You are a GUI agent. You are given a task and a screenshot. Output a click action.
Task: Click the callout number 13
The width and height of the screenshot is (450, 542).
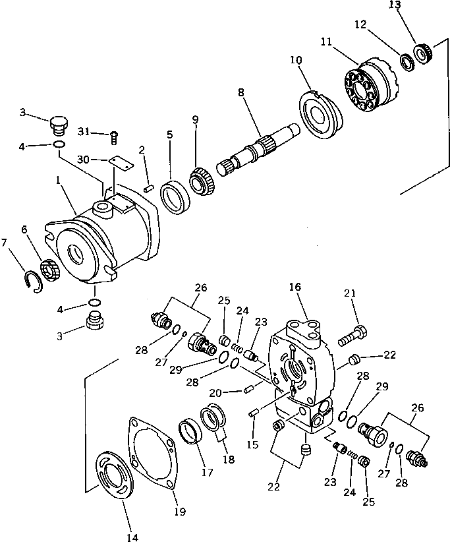412,5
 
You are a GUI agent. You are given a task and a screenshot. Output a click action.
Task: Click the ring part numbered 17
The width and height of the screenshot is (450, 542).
192,436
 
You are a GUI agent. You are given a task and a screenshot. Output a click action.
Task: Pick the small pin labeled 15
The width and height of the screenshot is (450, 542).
254,413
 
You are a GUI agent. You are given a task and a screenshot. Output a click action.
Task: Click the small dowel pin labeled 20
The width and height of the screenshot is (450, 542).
249,390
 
